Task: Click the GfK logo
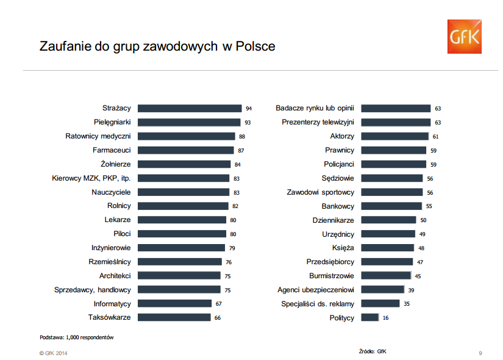click(464, 36)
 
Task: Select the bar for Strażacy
click(190, 108)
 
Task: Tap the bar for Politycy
click(369, 317)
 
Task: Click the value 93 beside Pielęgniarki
click(248, 122)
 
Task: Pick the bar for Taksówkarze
click(174, 317)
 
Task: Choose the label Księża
click(343, 248)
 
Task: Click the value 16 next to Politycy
click(385, 318)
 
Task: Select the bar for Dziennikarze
click(388, 220)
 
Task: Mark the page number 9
click(480, 353)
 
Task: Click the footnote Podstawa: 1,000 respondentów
click(77, 337)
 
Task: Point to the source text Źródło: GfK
click(373, 351)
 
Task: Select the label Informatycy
click(112, 303)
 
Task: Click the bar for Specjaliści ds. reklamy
click(380, 303)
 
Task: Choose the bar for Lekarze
click(182, 220)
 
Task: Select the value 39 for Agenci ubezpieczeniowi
click(411, 290)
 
